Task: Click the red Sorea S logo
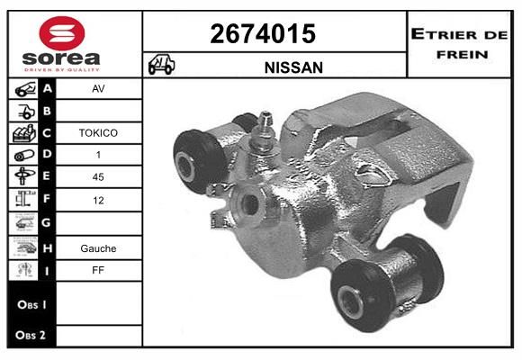pos(62,33)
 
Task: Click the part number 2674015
pos(263,33)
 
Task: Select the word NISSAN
pos(293,67)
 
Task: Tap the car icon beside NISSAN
pos(161,64)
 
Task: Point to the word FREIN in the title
pos(463,54)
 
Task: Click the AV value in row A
pos(98,89)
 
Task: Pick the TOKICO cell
pos(98,133)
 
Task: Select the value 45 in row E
pos(98,176)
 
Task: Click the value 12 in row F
pos(98,201)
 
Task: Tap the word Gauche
pos(98,248)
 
